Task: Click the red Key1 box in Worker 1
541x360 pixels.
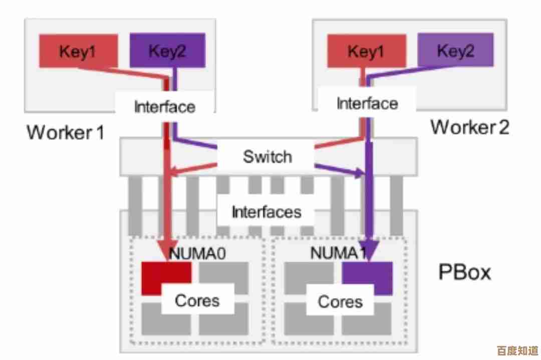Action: coord(79,51)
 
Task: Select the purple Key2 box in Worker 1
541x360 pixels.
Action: coord(167,50)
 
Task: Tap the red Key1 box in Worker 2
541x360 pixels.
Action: coord(366,51)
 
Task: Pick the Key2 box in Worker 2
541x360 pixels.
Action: coord(455,51)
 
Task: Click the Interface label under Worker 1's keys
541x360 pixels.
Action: coord(165,107)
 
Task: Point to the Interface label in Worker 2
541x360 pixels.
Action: coord(367,104)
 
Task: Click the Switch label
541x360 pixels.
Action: coord(267,156)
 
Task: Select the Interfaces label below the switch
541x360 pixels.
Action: coord(266,212)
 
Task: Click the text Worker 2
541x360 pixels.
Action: coord(469,127)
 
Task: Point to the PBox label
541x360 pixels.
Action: coord(465,272)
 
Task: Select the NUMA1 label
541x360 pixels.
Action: coord(338,252)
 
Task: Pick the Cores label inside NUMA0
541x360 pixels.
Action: coord(197,301)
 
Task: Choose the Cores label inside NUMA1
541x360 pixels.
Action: coord(340,301)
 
